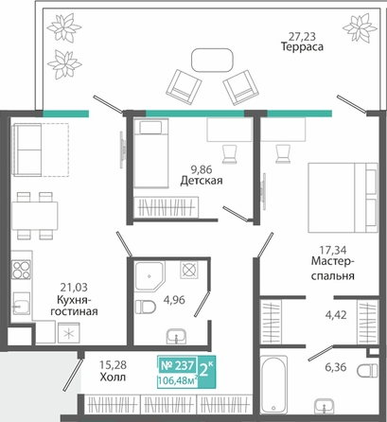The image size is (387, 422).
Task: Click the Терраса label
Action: click(x=302, y=47)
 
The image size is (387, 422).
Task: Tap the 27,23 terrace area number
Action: click(x=302, y=37)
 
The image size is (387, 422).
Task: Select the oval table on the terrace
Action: click(x=212, y=60)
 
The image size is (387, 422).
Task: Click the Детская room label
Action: click(x=202, y=181)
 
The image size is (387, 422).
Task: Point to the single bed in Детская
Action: click(x=150, y=153)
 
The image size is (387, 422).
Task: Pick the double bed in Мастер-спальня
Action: click(x=343, y=198)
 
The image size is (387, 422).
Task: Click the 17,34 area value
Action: click(x=333, y=251)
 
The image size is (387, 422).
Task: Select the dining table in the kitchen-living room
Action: click(x=35, y=216)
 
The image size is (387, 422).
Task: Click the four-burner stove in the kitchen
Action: click(x=22, y=270)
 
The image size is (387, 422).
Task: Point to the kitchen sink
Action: click(x=22, y=303)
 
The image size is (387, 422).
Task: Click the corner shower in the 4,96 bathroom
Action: click(x=150, y=275)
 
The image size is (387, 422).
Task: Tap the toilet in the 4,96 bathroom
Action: click(x=146, y=307)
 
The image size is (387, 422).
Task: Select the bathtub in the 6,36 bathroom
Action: click(x=273, y=384)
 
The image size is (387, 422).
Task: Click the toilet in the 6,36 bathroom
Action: click(x=367, y=370)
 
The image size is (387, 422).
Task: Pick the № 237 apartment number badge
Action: click(x=177, y=365)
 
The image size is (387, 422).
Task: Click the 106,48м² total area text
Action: click(x=178, y=380)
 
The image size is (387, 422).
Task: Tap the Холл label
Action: click(x=113, y=377)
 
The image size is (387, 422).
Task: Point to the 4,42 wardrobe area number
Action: click(x=336, y=315)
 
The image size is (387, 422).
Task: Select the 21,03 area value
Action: click(x=74, y=288)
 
